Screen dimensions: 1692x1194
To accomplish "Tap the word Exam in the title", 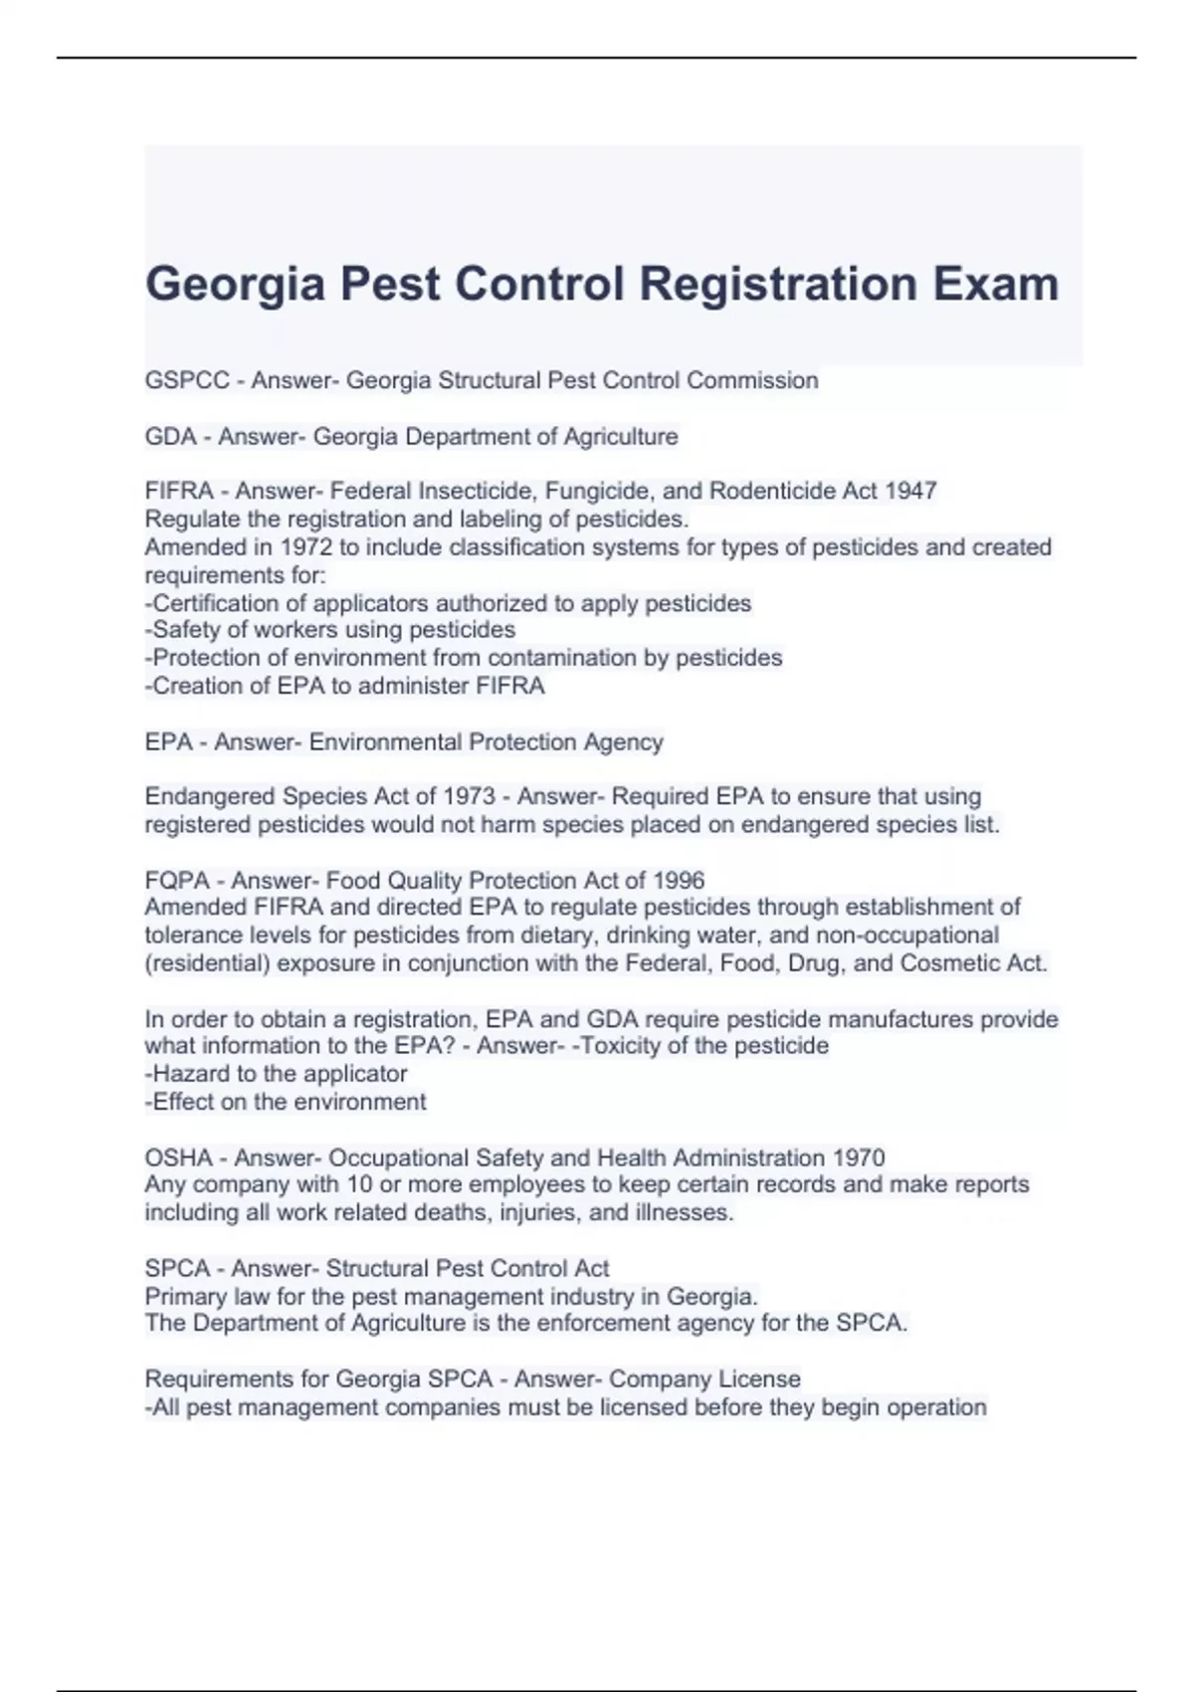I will [995, 285].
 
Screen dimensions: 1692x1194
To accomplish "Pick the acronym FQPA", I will [177, 880].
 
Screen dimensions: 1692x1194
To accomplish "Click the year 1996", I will [679, 880].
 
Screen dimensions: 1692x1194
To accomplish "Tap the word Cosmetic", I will [945, 962].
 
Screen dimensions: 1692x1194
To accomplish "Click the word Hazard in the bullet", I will [190, 1073].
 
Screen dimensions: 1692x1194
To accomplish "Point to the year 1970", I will [859, 1158].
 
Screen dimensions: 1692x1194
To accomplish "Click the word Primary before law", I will [185, 1296].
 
